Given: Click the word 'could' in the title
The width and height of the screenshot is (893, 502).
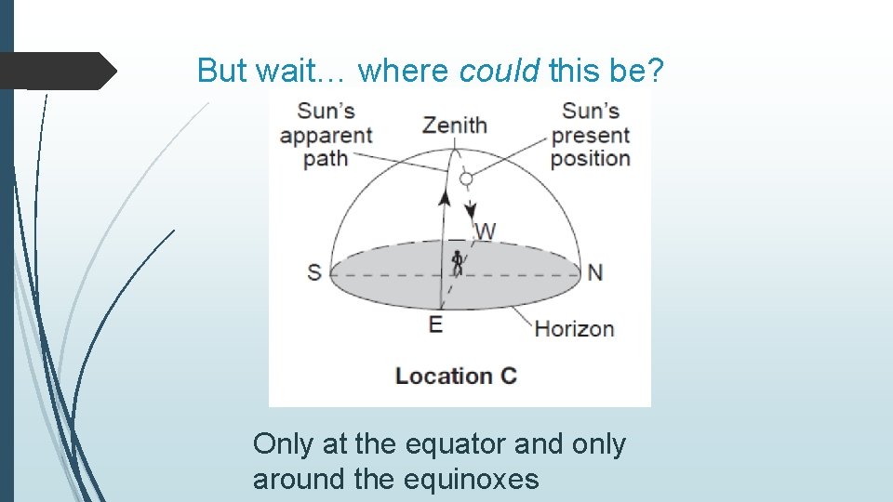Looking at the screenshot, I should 499,70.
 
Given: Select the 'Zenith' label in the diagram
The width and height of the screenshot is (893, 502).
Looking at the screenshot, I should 454,125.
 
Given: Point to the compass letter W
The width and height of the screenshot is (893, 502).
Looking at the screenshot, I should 485,230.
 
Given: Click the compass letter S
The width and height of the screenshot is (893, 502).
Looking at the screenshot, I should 314,272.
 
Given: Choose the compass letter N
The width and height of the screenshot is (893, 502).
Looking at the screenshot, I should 595,272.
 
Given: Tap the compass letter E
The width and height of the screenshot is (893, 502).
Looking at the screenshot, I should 435,324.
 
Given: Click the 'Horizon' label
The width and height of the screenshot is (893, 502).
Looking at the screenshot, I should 574,328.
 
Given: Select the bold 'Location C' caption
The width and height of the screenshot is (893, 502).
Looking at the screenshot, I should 456,376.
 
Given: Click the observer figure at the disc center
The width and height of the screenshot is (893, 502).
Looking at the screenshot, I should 457,263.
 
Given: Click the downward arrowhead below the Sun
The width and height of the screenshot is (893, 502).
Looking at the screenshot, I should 471,207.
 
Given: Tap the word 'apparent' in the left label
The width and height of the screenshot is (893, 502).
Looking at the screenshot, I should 326,136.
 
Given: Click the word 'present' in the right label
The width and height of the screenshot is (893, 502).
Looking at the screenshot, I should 591,136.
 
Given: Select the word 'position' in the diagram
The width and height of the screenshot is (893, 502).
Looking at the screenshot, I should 591,158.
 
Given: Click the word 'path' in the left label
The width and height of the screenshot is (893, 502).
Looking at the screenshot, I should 326,158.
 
